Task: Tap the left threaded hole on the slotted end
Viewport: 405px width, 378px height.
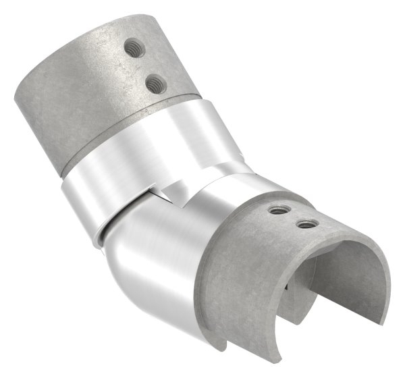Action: (275, 210)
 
